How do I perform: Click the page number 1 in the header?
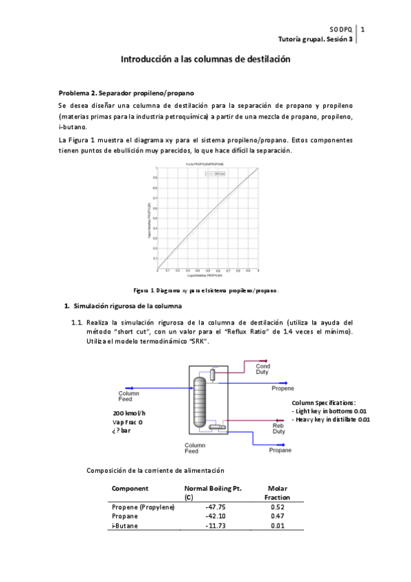pyautogui.click(x=362, y=30)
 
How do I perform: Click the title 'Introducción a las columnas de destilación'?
pyautogui.click(x=205, y=60)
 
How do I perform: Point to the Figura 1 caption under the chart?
pyautogui.click(x=205, y=290)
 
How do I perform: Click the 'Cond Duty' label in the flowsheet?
pyautogui.click(x=263, y=369)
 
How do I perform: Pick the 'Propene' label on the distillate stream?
pyautogui.click(x=282, y=388)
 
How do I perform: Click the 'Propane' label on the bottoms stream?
pyautogui.click(x=279, y=450)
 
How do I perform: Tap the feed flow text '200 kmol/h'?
pyautogui.click(x=130, y=413)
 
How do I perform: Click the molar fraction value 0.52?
pyautogui.click(x=277, y=507)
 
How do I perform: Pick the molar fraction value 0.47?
pyautogui.click(x=277, y=516)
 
